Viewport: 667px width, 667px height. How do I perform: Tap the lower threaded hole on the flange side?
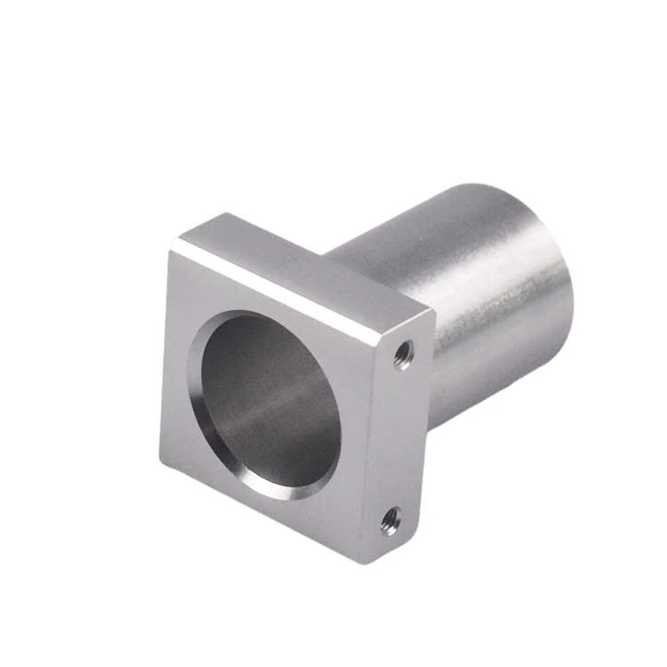pos(390,520)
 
